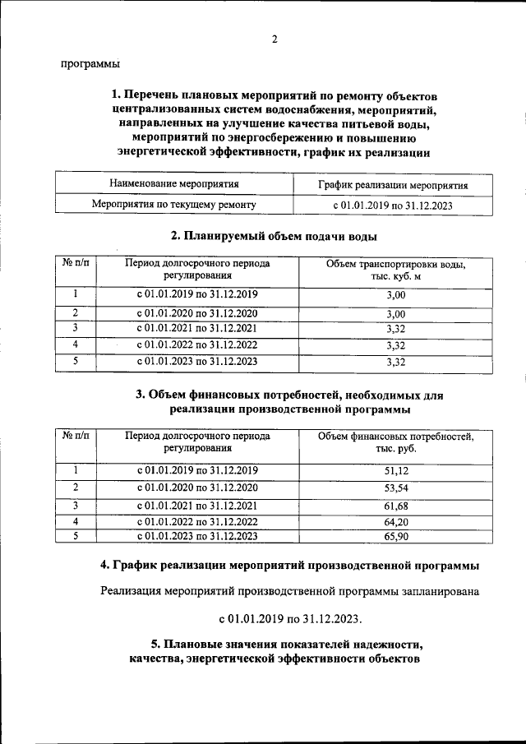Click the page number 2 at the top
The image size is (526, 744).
pos(275,39)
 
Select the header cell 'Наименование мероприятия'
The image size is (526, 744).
pos(173,185)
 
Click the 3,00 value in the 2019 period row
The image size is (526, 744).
pos(395,295)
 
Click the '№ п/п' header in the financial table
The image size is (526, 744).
pos(75,437)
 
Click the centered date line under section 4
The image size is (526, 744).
pos(289,617)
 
